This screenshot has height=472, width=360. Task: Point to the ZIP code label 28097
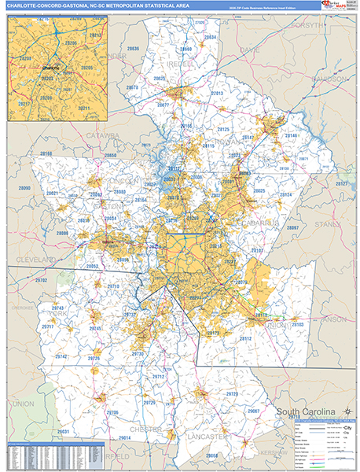coord(293,227)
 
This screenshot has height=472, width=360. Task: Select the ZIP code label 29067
coord(254,411)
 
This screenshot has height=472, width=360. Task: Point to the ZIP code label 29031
coord(63,432)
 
